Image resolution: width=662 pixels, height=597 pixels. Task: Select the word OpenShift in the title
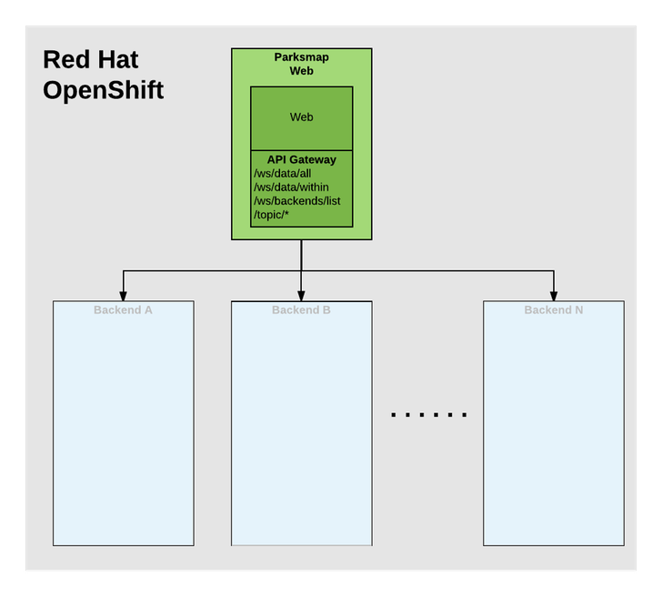pyautogui.click(x=103, y=91)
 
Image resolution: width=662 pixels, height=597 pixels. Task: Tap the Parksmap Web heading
pyautogui.click(x=301, y=64)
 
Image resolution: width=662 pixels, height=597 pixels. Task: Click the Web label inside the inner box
pyautogui.click(x=301, y=117)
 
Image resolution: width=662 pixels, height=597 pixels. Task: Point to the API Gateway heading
pyautogui.click(x=301, y=159)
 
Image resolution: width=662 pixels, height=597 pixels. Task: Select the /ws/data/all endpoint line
pyautogui.click(x=283, y=173)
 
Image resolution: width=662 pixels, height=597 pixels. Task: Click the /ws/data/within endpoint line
pyautogui.click(x=290, y=187)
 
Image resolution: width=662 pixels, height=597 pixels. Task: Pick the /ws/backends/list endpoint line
pyautogui.click(x=296, y=200)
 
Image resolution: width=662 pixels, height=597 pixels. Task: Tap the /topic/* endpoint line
pyautogui.click(x=272, y=214)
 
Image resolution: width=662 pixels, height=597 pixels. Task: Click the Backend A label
pyautogui.click(x=123, y=310)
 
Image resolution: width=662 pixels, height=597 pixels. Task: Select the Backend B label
pyautogui.click(x=301, y=310)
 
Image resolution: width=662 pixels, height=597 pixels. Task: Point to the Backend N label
pyautogui.click(x=554, y=310)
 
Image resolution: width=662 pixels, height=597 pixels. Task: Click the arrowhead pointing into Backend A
pyautogui.click(x=124, y=296)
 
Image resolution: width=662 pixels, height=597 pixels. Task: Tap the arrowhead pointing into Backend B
pyautogui.click(x=301, y=296)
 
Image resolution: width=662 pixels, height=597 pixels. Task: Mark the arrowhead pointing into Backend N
pyautogui.click(x=554, y=296)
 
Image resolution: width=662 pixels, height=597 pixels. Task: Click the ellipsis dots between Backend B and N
pyautogui.click(x=428, y=414)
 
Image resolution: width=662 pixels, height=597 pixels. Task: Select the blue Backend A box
pyautogui.click(x=123, y=428)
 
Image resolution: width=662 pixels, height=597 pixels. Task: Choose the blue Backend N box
pyautogui.click(x=554, y=428)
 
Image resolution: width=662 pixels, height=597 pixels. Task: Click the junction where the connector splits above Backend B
pyautogui.click(x=301, y=271)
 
